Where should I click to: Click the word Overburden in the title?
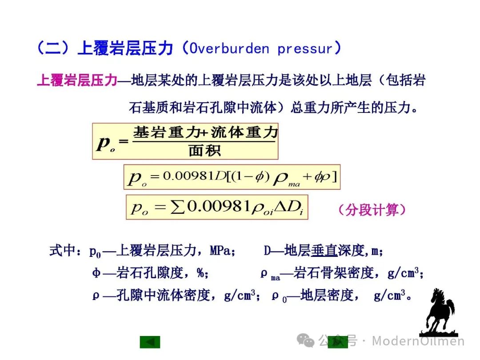229,48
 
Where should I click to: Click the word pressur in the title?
305,49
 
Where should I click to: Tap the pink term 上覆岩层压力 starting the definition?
77,80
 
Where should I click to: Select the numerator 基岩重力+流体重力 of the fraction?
205,132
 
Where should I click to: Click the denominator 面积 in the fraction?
204,151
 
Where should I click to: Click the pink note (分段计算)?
372,210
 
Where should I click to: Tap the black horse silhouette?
439,312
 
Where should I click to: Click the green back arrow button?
150,342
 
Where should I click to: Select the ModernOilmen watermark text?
418,341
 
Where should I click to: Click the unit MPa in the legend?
220,251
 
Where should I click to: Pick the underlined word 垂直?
324,250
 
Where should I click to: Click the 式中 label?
63,250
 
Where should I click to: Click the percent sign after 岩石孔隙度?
201,272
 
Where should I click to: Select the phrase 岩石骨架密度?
334,272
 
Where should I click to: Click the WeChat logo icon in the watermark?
305,340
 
